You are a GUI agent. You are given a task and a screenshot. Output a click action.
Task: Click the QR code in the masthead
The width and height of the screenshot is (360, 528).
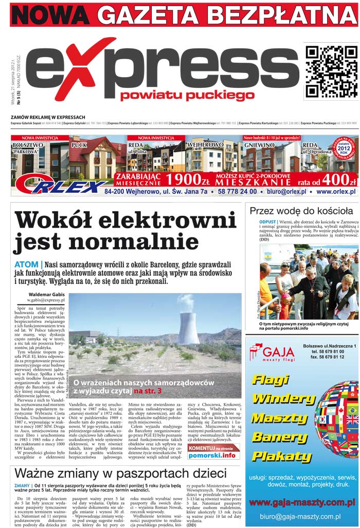pos(331,71)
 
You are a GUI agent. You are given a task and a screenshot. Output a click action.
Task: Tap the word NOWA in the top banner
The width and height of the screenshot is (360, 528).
pos(50,15)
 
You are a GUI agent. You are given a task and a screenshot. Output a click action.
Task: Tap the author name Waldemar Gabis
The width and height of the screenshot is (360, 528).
pos(46,294)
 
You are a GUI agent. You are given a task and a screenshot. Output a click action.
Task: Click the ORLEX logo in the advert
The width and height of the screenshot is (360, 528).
pos(59,184)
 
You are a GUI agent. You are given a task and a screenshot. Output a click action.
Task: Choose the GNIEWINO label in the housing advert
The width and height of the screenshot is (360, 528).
pos(259,145)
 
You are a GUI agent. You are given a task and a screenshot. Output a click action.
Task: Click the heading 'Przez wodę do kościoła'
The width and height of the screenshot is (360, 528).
pos(301,210)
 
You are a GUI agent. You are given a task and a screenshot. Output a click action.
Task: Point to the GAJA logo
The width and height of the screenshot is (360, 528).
pos(272,352)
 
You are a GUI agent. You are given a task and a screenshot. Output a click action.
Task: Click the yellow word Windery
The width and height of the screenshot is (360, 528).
pos(280,399)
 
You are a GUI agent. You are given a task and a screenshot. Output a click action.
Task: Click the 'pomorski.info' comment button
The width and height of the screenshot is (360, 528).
pos(213,455)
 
